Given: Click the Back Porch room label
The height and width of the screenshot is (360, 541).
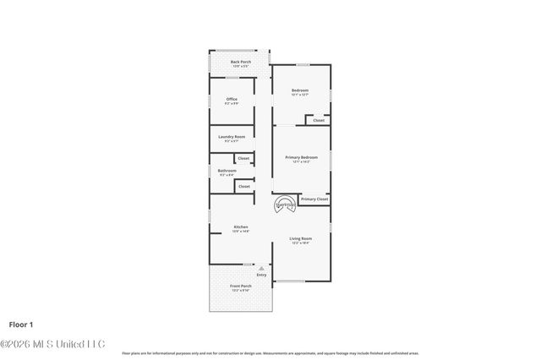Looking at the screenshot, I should click(x=241, y=62).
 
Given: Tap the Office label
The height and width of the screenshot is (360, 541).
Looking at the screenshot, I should click(x=232, y=99).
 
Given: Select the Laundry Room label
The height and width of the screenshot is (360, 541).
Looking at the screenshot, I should click(x=232, y=137).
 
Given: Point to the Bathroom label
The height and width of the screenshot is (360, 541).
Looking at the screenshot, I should click(x=227, y=171).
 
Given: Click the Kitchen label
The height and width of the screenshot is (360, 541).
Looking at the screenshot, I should click(x=241, y=226).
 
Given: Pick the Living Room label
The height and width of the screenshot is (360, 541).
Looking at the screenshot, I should click(x=301, y=238).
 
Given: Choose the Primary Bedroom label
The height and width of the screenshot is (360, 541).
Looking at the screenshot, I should click(x=301, y=157).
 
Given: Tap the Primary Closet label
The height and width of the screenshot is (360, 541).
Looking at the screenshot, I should click(x=314, y=199).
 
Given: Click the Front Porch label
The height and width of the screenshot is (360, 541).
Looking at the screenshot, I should click(x=241, y=286).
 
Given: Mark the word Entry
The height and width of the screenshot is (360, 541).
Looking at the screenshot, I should click(x=261, y=275).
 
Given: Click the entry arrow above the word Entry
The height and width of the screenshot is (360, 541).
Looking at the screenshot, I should click(x=261, y=267).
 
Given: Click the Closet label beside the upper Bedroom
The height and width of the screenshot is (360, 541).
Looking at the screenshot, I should click(x=319, y=120).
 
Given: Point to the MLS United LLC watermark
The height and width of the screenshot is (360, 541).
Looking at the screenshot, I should click(x=52, y=344).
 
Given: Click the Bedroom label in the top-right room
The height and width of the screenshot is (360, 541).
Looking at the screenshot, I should click(x=300, y=90).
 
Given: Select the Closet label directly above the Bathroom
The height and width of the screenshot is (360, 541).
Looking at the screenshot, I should click(x=243, y=158).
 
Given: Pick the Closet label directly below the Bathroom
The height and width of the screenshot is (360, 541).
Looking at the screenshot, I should click(x=243, y=186).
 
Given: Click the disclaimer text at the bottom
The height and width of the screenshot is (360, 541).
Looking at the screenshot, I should click(x=270, y=353).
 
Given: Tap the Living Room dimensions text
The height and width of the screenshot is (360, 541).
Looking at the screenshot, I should click(x=301, y=243).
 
